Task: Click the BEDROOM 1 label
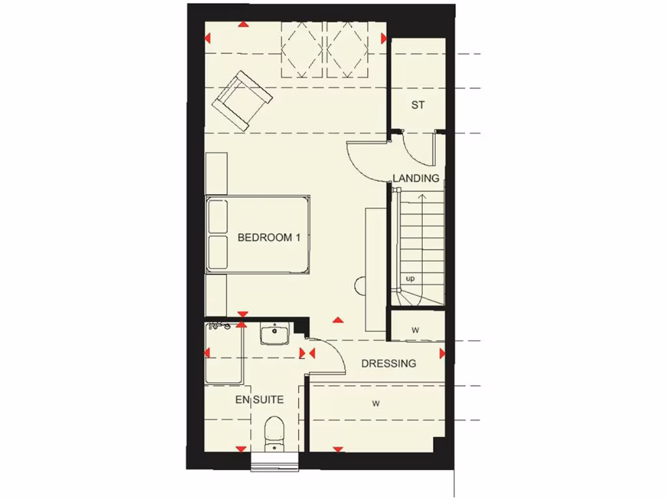pyautogui.click(x=269, y=238)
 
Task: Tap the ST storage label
pyautogui.click(x=418, y=104)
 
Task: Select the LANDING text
pyautogui.click(x=416, y=178)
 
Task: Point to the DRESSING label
pyautogui.click(x=389, y=363)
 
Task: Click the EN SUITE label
pyautogui.click(x=259, y=399)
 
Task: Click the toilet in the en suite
pyautogui.click(x=274, y=432)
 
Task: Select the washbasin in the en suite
pyautogui.click(x=274, y=335)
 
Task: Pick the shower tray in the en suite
pyautogui.click(x=223, y=355)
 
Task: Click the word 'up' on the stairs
pyautogui.click(x=410, y=279)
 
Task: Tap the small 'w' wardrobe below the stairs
pyautogui.click(x=416, y=329)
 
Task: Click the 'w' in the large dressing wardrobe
pyautogui.click(x=376, y=404)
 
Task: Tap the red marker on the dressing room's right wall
pyautogui.click(x=442, y=354)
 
